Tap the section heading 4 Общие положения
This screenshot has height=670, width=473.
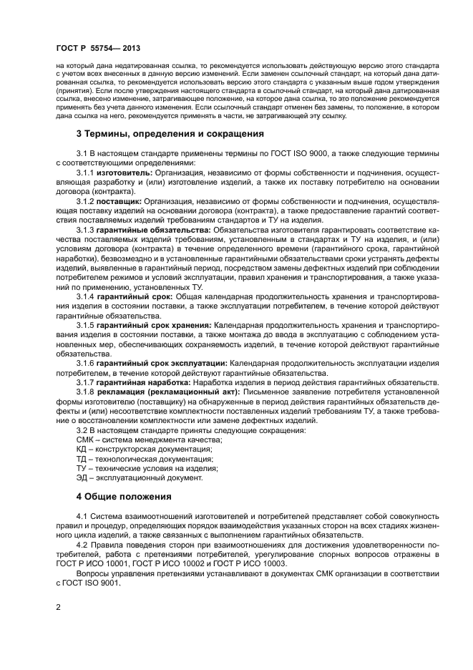pyautogui.click(x=124, y=496)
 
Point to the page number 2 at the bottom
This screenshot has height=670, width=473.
pyautogui.click(x=59, y=608)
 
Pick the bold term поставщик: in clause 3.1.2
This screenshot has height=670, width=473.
pyautogui.click(x=119, y=203)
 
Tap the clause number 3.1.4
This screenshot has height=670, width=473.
pyautogui.click(x=85, y=296)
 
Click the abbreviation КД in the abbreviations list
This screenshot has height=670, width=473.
pyautogui.click(x=81, y=449)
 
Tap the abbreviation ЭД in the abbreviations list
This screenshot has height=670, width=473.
pyautogui.click(x=81, y=477)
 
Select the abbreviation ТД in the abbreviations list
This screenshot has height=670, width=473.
pyautogui.click(x=81, y=458)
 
